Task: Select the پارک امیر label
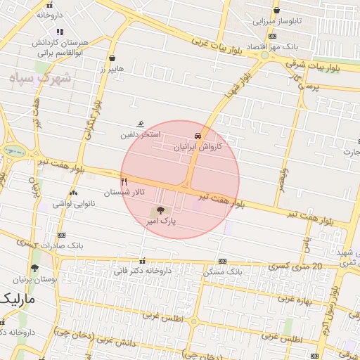[160, 221]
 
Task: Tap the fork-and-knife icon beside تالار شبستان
[124, 180]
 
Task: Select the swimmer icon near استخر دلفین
[141, 123]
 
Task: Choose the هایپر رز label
[112, 69]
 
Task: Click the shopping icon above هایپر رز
[112, 58]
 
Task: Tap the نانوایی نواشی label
[74, 203]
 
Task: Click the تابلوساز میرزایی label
[277, 21]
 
